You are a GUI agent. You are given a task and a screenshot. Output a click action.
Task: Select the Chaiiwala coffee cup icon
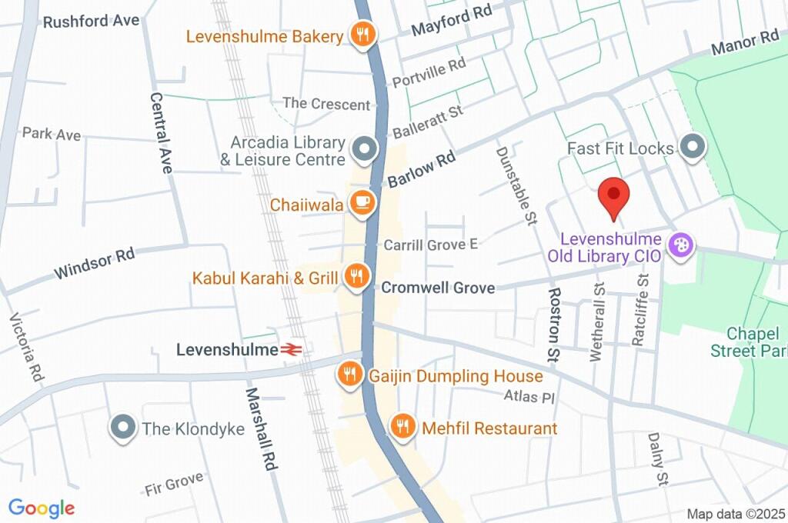point(361,203)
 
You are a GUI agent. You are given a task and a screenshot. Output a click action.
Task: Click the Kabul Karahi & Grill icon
point(356,276)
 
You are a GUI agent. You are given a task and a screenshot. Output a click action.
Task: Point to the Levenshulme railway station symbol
point(290,350)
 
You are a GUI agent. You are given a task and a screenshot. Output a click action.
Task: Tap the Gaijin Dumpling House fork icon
point(350,375)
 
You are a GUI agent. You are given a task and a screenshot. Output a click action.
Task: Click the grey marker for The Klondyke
point(122,428)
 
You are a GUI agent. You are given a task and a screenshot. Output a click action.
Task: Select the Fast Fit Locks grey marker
point(693,148)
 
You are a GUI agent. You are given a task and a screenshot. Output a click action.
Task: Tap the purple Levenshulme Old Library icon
point(681,246)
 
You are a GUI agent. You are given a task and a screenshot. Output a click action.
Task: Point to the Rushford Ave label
point(91,21)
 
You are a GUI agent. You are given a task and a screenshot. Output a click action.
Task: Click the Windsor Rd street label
point(94,264)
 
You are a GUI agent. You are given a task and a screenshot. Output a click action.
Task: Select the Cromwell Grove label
point(438,288)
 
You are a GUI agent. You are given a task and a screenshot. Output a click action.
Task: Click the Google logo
point(42,508)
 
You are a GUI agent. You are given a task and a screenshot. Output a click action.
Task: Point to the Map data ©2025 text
point(735,514)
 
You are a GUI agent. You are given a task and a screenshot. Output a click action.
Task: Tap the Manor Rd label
point(745,44)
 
